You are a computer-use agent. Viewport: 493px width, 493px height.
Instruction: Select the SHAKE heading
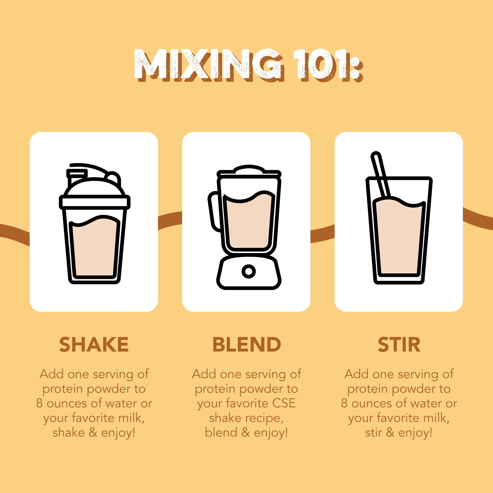(94, 344)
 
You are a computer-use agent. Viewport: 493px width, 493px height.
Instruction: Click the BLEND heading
(246, 344)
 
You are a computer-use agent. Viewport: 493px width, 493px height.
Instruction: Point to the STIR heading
(399, 344)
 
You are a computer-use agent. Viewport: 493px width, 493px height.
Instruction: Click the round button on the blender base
(249, 271)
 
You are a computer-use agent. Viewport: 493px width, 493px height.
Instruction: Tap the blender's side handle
(214, 212)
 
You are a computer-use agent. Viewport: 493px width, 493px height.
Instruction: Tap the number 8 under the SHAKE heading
(39, 403)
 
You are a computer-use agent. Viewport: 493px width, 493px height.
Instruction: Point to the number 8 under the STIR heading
(344, 403)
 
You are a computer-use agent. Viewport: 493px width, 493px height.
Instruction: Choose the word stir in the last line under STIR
(373, 433)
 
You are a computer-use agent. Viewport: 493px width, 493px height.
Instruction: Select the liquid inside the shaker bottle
(94, 250)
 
